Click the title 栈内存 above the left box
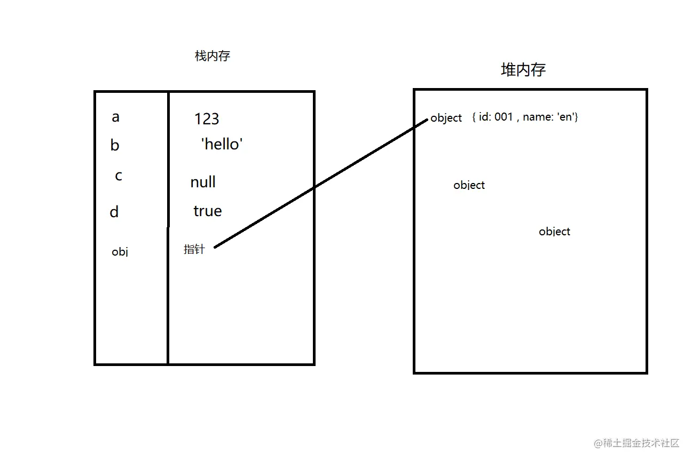point(213,56)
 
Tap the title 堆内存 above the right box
point(523,69)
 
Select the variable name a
point(115,117)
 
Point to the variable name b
point(115,145)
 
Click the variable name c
point(119,176)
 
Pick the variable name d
point(114,212)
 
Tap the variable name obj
point(120,252)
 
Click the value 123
point(207,118)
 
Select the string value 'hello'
point(222,144)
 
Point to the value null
point(203,182)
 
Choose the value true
point(207,211)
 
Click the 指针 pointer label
point(194,249)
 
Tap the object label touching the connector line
point(446,118)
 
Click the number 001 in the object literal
point(504,117)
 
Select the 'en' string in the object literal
point(567,117)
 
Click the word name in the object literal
point(538,117)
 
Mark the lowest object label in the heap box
point(554,232)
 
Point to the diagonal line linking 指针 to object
point(320,183)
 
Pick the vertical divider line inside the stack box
point(168,293)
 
